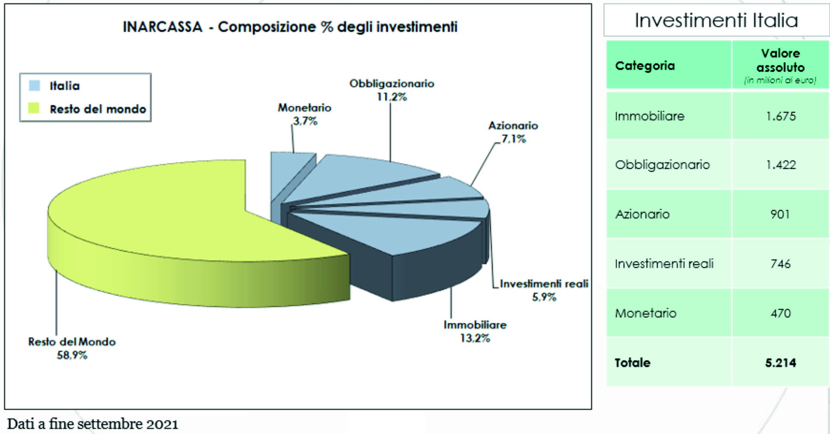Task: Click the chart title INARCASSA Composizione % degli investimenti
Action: (x=290, y=27)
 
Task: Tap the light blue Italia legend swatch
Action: (x=34, y=86)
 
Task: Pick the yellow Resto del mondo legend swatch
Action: (x=34, y=108)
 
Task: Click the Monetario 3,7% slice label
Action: (x=305, y=114)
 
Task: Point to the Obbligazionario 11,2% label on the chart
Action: (x=392, y=90)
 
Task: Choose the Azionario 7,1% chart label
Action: (x=513, y=132)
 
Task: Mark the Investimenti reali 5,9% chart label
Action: (x=544, y=290)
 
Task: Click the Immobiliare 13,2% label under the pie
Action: (x=475, y=331)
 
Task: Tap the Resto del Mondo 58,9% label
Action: (x=72, y=348)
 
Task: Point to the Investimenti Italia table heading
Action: (x=716, y=20)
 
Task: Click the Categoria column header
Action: (x=645, y=66)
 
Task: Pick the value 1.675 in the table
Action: (x=780, y=116)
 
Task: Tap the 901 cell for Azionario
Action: (x=780, y=214)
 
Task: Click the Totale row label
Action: (x=632, y=363)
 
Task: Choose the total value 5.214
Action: (x=780, y=363)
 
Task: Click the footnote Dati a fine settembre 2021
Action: (x=93, y=424)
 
